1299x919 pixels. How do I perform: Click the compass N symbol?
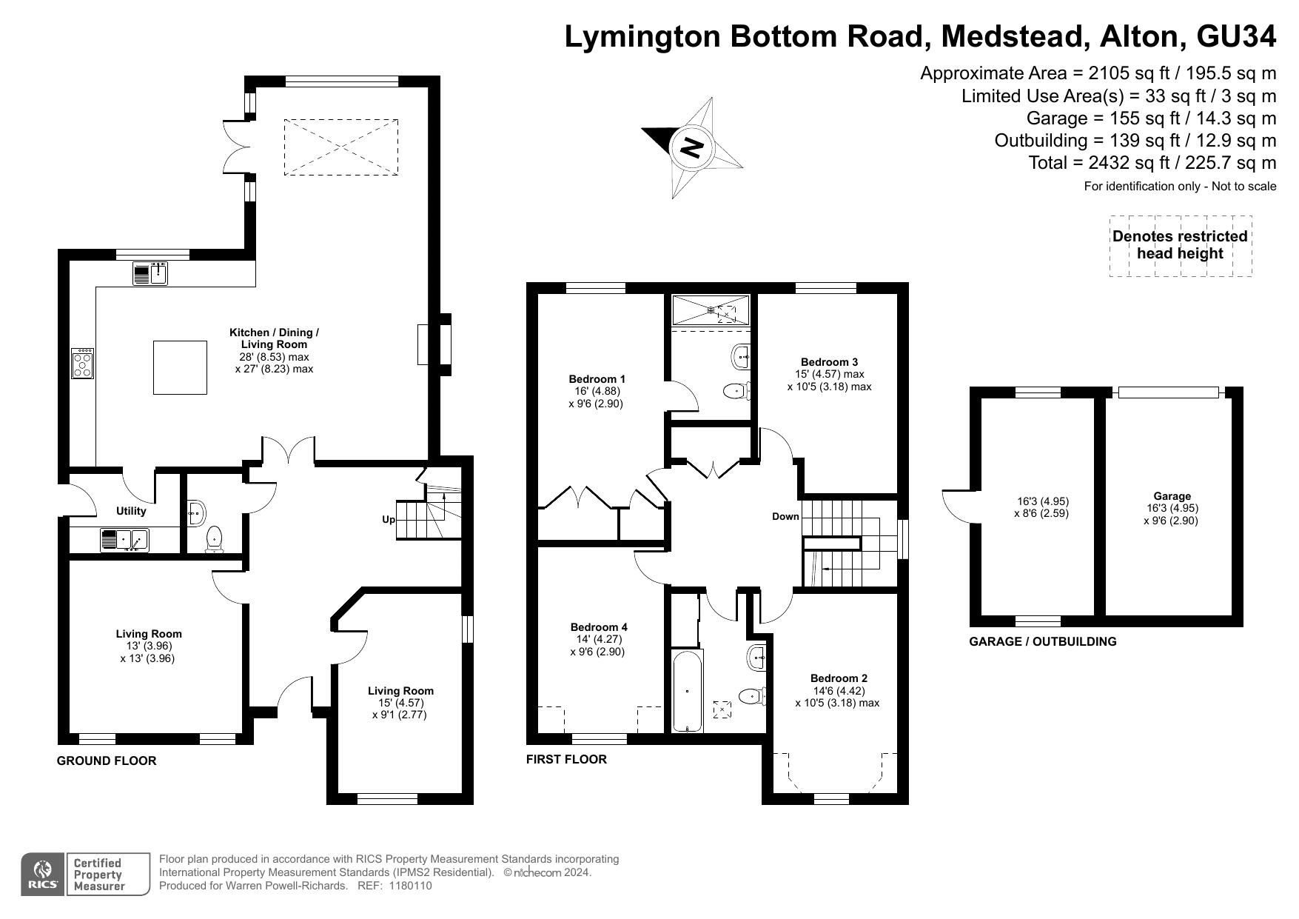click(692, 147)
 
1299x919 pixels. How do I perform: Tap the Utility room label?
click(131, 511)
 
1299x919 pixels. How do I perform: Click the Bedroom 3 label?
click(829, 362)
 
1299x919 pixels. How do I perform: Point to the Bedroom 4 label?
click(599, 627)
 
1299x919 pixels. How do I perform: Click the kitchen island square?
click(180, 367)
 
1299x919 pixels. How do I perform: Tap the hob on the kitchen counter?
click(82, 364)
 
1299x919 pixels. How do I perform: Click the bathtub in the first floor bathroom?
click(688, 691)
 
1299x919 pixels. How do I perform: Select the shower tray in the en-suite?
click(711, 310)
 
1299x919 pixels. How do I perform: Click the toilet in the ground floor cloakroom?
click(215, 539)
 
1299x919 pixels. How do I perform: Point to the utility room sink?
click(124, 541)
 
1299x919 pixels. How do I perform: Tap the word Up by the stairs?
click(389, 520)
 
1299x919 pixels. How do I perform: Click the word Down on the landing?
click(785, 516)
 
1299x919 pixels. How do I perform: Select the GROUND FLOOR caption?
click(107, 761)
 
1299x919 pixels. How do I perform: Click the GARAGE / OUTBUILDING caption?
click(1043, 641)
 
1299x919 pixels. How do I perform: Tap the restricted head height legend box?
click(1181, 246)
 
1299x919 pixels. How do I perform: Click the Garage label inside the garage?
click(1172, 496)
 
